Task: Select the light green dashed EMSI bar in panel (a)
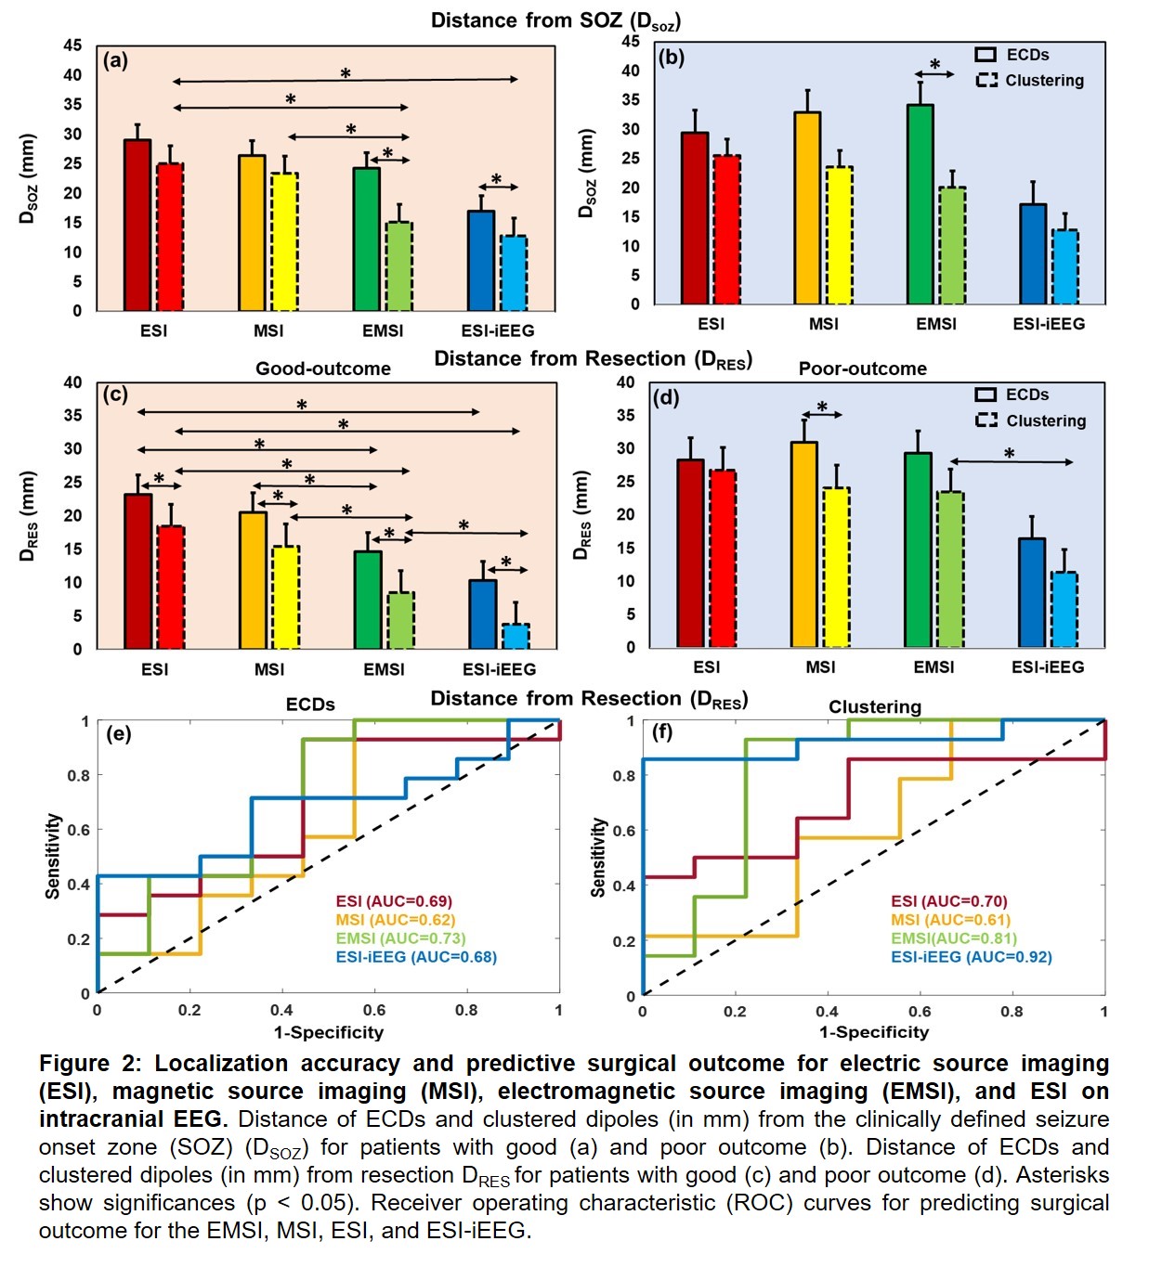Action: (399, 266)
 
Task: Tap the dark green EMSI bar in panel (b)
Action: (920, 205)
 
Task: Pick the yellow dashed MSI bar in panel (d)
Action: (836, 567)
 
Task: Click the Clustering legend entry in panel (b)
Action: (1030, 81)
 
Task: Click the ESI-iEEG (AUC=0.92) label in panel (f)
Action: (971, 957)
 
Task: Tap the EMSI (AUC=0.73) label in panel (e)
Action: (400, 938)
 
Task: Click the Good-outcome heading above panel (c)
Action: (323, 368)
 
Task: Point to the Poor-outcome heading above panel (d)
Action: (862, 368)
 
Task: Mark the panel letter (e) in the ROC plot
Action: (119, 734)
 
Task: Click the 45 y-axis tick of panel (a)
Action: (72, 45)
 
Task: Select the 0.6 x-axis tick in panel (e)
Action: (374, 1010)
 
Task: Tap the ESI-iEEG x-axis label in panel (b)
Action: (1049, 324)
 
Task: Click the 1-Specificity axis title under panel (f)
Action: (873, 1032)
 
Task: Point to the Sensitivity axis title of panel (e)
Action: (54, 856)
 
